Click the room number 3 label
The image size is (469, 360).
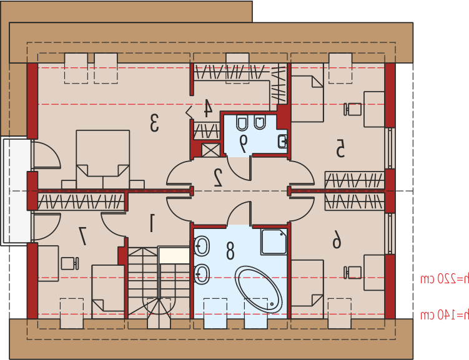click(154, 122)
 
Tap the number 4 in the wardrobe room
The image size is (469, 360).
click(208, 108)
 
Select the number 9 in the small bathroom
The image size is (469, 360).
click(244, 144)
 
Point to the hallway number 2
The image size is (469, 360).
click(218, 177)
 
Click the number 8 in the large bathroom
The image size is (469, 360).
click(230, 250)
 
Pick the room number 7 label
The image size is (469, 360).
click(82, 236)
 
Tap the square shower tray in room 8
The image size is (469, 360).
click(274, 241)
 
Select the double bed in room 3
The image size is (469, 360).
click(103, 159)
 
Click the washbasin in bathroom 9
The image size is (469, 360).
click(283, 141)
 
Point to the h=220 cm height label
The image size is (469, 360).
click(445, 279)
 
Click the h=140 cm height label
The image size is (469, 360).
click(445, 314)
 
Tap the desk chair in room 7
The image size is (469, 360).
click(71, 263)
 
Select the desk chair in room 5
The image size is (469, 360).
click(352, 109)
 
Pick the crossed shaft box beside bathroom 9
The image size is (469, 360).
click(211, 150)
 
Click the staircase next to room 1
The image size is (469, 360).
click(159, 283)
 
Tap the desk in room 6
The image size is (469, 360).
click(374, 273)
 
